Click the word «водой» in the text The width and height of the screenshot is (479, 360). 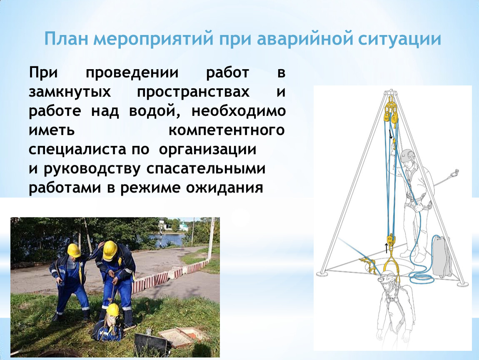click(154, 111)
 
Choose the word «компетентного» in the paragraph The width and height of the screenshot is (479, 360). click(227, 130)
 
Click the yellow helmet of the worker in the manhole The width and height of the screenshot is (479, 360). click(113, 310)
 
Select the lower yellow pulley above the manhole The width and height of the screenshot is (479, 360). click(391, 240)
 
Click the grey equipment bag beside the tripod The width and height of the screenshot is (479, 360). click(442, 256)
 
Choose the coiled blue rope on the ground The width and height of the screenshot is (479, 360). click(422, 276)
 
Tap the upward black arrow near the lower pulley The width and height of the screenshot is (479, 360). click(386, 248)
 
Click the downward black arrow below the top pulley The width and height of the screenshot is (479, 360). click(390, 134)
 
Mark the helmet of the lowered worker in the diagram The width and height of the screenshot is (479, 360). click(389, 276)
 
